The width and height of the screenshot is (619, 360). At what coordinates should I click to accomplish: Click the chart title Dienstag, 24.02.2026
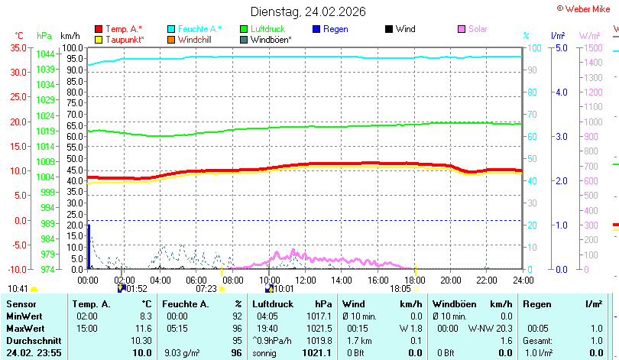tap(308, 11)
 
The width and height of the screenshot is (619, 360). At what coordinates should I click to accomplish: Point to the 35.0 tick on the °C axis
tap(18, 47)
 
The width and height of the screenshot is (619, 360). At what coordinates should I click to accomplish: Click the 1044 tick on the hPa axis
tap(45, 54)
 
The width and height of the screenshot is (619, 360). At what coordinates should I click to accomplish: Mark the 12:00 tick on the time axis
tap(305, 281)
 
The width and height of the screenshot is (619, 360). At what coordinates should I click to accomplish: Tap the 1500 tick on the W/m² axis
tap(593, 47)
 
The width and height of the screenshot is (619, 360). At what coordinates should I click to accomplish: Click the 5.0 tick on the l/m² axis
tap(562, 47)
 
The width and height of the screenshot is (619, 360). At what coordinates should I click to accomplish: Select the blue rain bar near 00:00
tap(89, 247)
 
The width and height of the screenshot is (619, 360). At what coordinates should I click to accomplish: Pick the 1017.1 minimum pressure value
tap(319, 316)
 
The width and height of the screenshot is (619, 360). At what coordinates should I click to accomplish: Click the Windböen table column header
tap(455, 304)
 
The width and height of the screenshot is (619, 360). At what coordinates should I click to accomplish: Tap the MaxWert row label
tap(25, 329)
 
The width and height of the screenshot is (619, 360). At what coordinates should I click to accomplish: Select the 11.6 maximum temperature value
tap(144, 329)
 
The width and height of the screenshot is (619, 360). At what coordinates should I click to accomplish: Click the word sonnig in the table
tap(264, 353)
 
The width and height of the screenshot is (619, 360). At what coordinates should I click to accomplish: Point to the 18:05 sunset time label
tap(400, 289)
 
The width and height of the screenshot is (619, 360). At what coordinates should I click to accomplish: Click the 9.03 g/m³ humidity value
tap(182, 353)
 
